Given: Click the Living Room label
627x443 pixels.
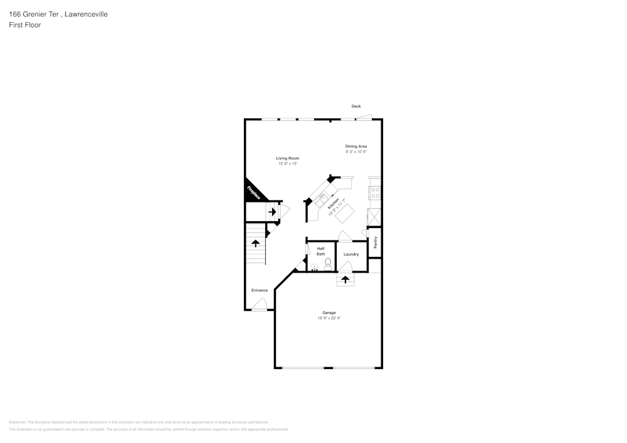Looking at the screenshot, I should pyautogui.click(x=288, y=158).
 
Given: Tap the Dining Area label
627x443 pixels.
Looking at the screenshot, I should pyautogui.click(x=356, y=146).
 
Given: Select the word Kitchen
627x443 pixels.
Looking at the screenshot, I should pyautogui.click(x=334, y=204).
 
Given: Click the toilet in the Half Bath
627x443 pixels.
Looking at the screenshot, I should pyautogui.click(x=328, y=263).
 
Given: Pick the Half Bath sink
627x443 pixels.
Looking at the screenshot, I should pyautogui.click(x=315, y=266).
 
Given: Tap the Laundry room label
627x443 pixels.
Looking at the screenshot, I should pyautogui.click(x=351, y=254).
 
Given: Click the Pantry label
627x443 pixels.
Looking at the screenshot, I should pyautogui.click(x=375, y=242).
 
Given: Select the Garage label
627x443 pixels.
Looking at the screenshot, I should pyautogui.click(x=329, y=313).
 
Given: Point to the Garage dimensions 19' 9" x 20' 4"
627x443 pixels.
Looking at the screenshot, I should pyautogui.click(x=329, y=318).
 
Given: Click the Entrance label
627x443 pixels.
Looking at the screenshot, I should pyautogui.click(x=260, y=290).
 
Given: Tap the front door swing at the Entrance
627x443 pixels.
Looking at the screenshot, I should pyautogui.click(x=260, y=305).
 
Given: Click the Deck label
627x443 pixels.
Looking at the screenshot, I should pyautogui.click(x=356, y=107).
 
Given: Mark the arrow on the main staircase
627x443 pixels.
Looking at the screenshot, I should pyautogui.click(x=255, y=243).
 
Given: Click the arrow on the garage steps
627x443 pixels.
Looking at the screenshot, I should pyautogui.click(x=345, y=279).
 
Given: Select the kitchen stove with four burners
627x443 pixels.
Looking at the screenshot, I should pyautogui.click(x=375, y=192).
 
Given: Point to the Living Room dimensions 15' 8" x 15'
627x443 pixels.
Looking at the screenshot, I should pyautogui.click(x=288, y=164).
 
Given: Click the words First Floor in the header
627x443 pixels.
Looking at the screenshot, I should pyautogui.click(x=25, y=25).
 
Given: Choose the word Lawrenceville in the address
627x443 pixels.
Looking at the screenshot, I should pyautogui.click(x=85, y=14).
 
